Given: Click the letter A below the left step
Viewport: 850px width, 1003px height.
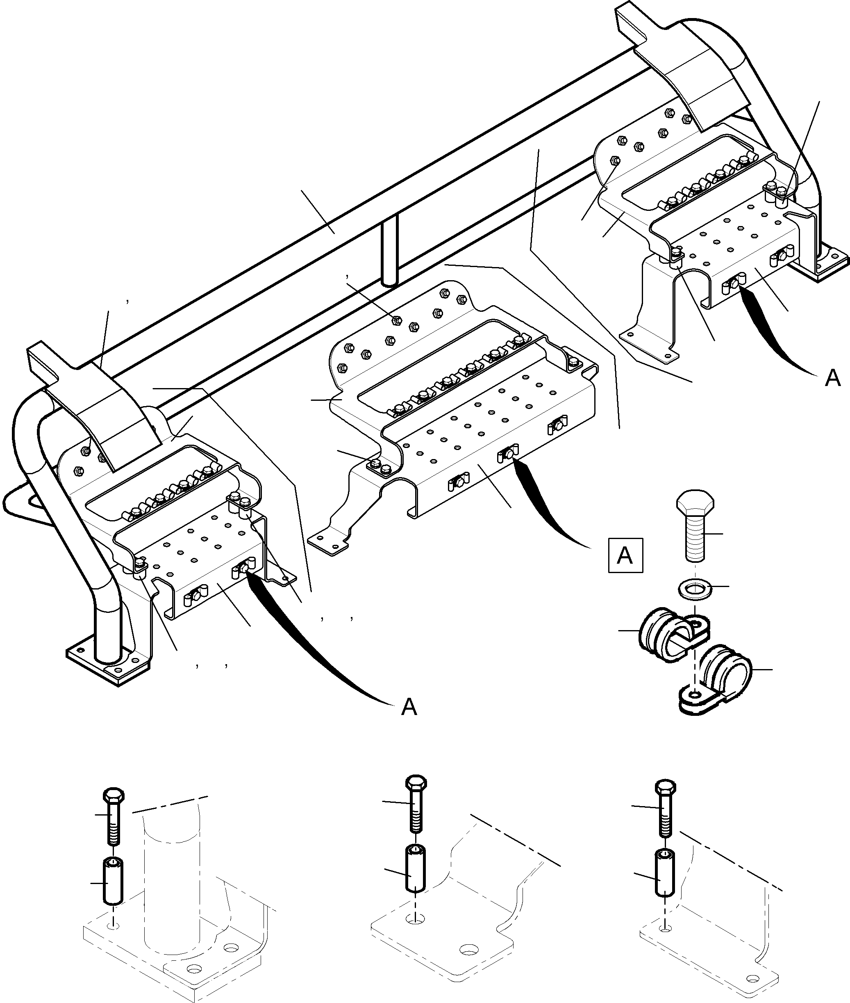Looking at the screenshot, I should click(x=409, y=707).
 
